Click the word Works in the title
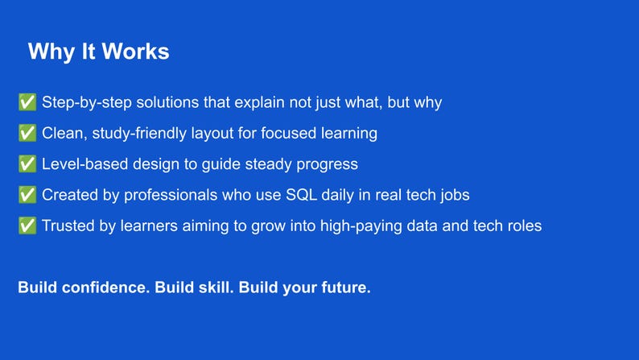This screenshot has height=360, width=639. (135, 52)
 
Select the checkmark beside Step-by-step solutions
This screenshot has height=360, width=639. (27, 102)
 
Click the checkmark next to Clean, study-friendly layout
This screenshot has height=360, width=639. (27, 133)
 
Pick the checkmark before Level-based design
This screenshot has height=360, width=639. (27, 164)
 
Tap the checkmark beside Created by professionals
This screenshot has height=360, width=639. (27, 194)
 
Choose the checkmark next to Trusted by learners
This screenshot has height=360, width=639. (27, 226)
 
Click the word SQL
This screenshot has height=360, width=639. (301, 195)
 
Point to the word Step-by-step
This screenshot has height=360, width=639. (87, 103)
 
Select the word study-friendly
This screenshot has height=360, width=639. (139, 134)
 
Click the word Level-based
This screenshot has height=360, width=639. (85, 164)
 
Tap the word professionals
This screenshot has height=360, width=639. (171, 196)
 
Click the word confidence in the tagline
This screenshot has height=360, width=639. (106, 288)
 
